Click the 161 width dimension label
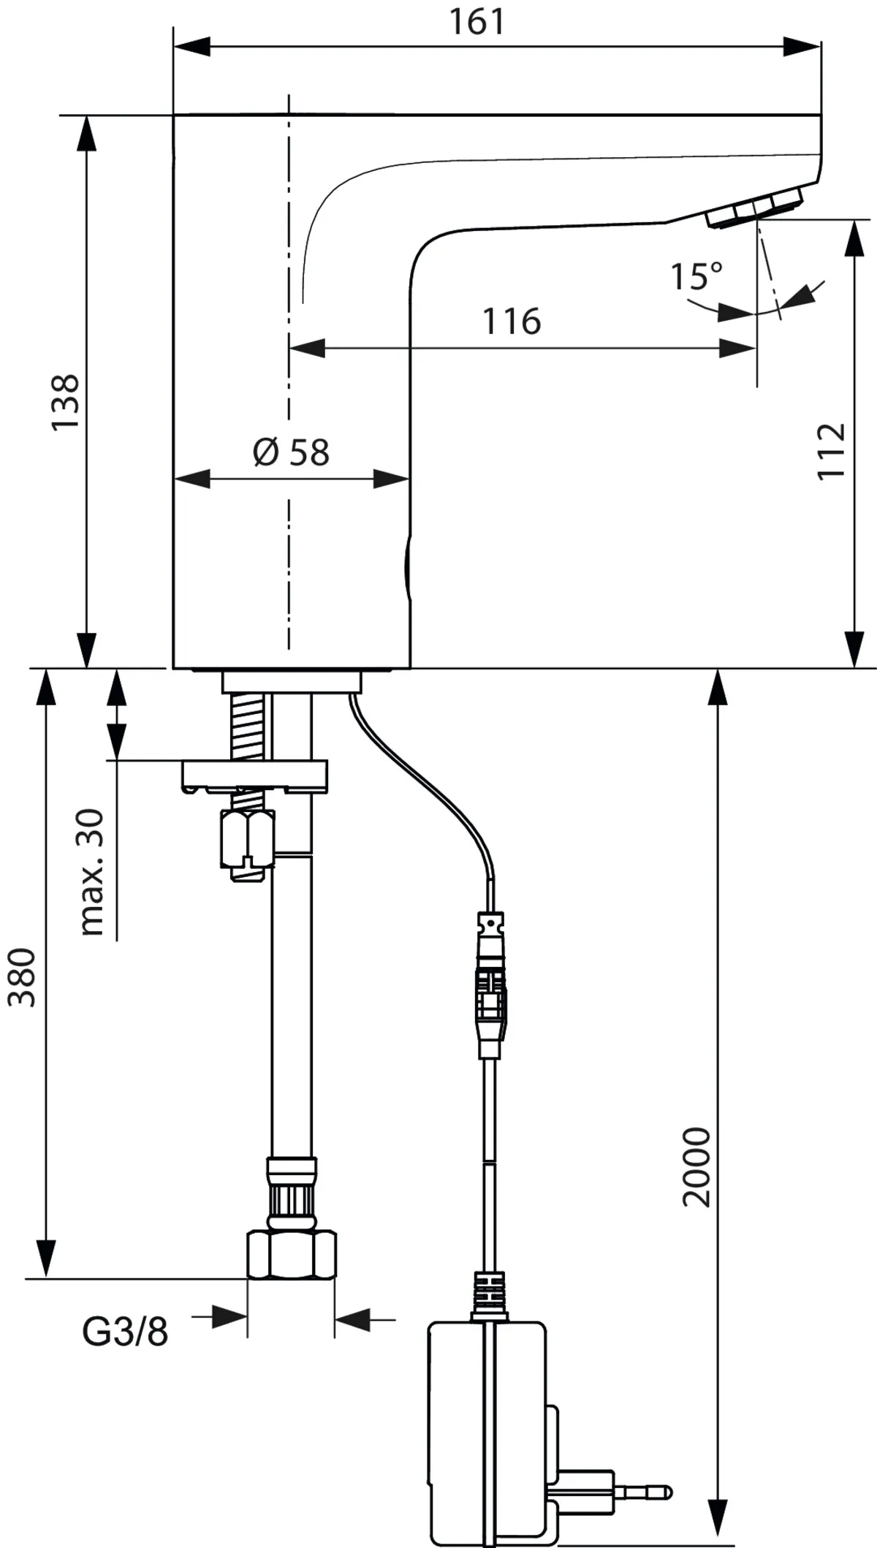click(x=476, y=21)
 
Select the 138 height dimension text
click(x=66, y=402)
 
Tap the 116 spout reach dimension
click(x=512, y=322)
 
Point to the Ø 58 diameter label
click(x=292, y=452)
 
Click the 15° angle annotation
click(x=696, y=276)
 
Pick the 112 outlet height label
click(x=832, y=451)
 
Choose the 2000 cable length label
click(x=696, y=1167)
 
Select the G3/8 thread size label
click(x=124, y=1332)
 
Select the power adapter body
click(x=486, y=1425)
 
